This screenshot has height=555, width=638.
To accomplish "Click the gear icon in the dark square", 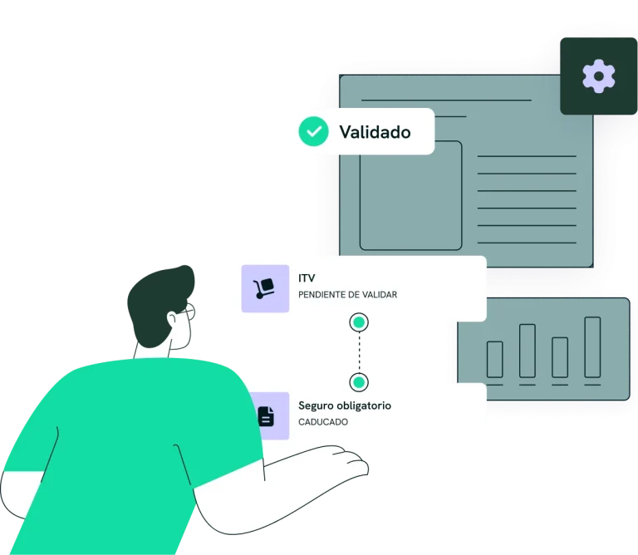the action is [x=598, y=76].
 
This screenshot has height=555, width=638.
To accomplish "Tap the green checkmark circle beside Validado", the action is [x=313, y=131].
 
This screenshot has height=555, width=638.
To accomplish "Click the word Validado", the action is [x=375, y=132].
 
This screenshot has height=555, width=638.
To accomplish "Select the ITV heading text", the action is [x=307, y=277].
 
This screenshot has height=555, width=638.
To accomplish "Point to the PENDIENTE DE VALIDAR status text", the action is [x=347, y=295].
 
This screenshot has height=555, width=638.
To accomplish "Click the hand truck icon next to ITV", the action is [x=264, y=288].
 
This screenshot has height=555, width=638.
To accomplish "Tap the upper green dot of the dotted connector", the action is [x=359, y=322].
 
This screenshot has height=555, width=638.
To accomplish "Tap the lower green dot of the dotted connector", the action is [x=359, y=382].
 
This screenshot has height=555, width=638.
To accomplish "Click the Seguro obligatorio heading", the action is [x=345, y=405].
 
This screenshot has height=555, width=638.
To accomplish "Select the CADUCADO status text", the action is [x=323, y=422].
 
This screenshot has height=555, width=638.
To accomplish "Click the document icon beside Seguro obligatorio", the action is [x=266, y=416].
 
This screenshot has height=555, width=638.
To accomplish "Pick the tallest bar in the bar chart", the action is [x=592, y=347].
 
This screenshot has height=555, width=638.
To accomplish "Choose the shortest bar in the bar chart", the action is [x=495, y=359].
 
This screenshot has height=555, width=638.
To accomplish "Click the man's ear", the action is [x=173, y=319].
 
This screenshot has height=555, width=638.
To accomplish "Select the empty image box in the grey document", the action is [x=410, y=195].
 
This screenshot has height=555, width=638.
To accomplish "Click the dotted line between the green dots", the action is [x=359, y=352].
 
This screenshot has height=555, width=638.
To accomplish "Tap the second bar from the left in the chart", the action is [x=528, y=351].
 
